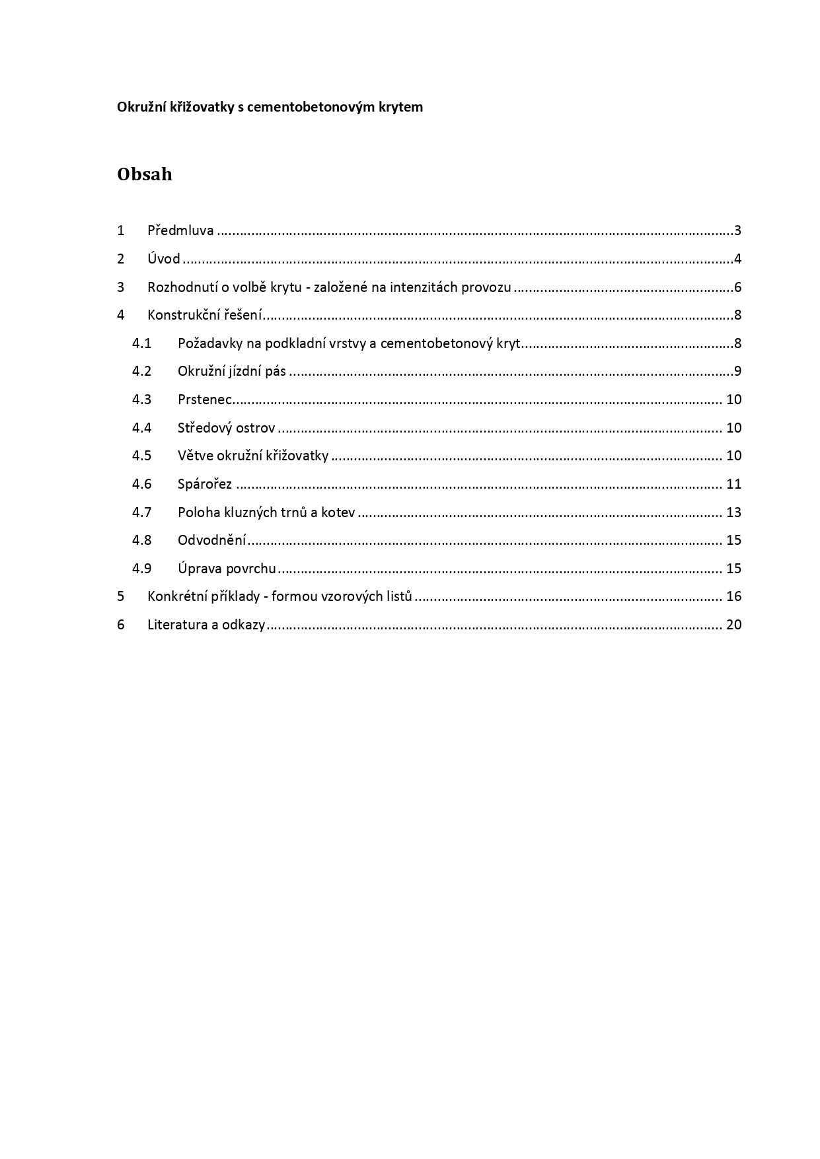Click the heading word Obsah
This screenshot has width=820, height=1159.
(x=144, y=174)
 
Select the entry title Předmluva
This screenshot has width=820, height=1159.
(x=180, y=230)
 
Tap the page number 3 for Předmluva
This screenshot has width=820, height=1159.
(x=737, y=230)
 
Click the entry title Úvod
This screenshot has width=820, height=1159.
(x=164, y=259)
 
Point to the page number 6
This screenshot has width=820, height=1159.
(x=737, y=287)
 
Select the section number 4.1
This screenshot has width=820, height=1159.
(x=141, y=343)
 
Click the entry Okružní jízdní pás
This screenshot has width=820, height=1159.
(x=231, y=371)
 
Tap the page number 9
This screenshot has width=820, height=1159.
(x=737, y=371)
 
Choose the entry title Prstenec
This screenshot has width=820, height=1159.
(x=205, y=400)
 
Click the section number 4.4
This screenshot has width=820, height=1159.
(x=141, y=428)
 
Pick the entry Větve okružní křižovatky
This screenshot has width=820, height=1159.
(x=252, y=456)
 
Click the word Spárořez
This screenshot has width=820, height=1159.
(x=205, y=484)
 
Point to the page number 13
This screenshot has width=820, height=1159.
(x=733, y=512)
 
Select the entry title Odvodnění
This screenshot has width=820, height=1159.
(x=211, y=540)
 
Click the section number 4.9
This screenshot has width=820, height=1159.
(x=141, y=569)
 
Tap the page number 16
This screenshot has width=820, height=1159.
(x=733, y=596)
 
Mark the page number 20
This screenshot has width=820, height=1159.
(x=733, y=625)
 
